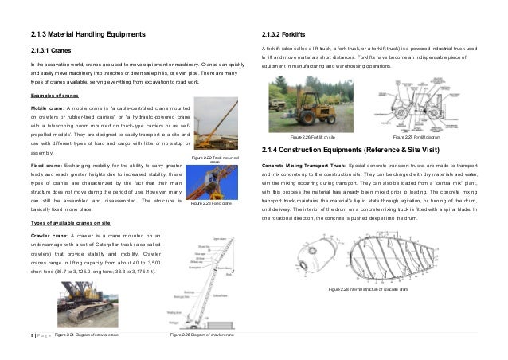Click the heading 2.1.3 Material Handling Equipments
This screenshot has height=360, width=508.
click(88, 36)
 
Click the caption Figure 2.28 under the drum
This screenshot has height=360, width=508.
click(373, 289)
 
